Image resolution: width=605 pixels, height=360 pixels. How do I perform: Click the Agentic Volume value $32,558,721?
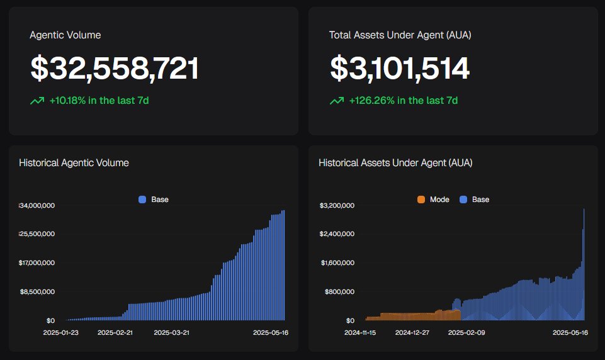point(115,69)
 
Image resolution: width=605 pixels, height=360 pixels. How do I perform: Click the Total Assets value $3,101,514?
point(400,69)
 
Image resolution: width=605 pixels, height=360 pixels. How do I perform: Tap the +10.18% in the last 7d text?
point(99,101)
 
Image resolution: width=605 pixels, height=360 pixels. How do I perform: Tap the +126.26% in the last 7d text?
point(403,101)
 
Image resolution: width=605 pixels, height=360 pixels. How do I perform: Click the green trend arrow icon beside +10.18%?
point(37,101)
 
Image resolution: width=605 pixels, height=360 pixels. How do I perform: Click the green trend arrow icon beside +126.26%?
point(337,101)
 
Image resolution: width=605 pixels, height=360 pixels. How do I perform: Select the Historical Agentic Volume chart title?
point(74,163)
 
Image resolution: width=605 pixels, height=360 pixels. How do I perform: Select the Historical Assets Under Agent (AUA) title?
point(395,163)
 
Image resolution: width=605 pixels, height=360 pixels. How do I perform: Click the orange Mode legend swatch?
point(421,200)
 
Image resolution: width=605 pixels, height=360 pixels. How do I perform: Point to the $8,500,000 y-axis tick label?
point(39,291)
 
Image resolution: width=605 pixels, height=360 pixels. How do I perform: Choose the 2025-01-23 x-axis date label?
point(60,332)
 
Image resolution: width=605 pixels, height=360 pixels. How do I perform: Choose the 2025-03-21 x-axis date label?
point(171,332)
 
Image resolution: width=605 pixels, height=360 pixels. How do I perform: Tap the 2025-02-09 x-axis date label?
point(465,332)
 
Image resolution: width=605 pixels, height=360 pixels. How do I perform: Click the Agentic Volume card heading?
point(65,35)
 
